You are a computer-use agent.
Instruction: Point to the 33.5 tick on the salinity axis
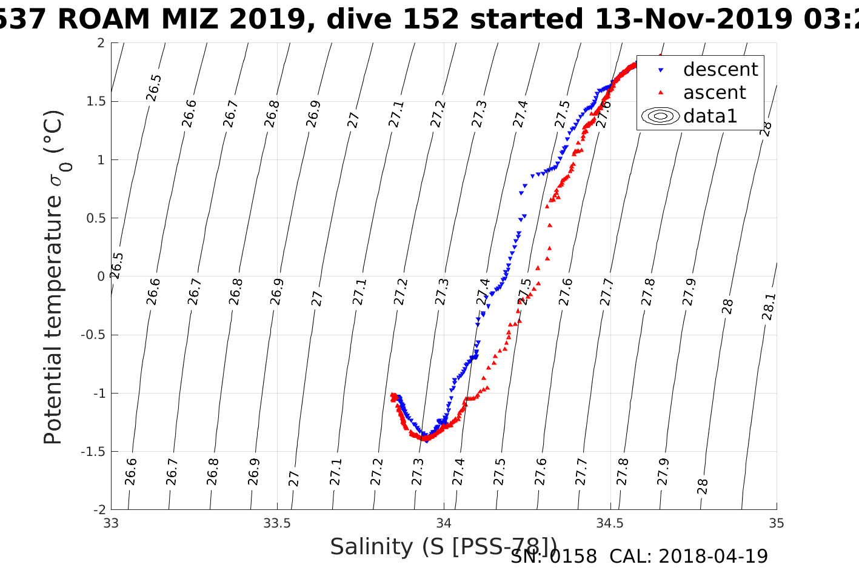pyautogui.click(x=277, y=523)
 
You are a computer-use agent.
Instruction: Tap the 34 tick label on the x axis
pyautogui.click(x=444, y=523)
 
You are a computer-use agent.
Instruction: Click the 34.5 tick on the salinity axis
pyautogui.click(x=610, y=523)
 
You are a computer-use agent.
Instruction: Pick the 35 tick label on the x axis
pyautogui.click(x=776, y=523)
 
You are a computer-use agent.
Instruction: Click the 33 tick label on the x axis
pyautogui.click(x=111, y=523)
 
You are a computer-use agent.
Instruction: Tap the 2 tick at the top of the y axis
pyautogui.click(x=101, y=43)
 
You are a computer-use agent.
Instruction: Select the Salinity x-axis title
pyautogui.click(x=443, y=547)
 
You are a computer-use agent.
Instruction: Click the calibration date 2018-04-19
pyautogui.click(x=713, y=556)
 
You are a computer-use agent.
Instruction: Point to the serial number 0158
pyautogui.click(x=573, y=556)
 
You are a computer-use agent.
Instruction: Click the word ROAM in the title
pyautogui.click(x=104, y=19)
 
